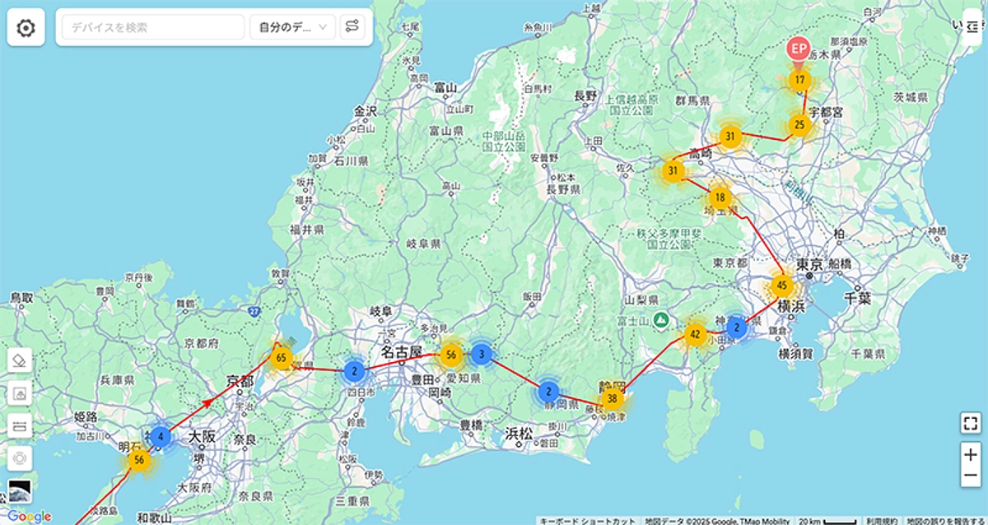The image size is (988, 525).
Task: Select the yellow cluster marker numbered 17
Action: (799, 81)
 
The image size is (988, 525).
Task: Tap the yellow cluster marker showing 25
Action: (799, 125)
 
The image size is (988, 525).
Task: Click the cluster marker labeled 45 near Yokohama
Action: (782, 286)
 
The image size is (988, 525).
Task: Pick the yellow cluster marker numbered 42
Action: (695, 334)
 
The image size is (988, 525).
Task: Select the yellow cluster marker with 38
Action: (612, 398)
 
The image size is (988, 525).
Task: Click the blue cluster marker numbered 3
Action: (481, 355)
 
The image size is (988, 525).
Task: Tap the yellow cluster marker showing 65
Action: (282, 357)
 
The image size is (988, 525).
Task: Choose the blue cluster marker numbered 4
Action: (161, 436)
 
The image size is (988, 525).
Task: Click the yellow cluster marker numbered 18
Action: (720, 197)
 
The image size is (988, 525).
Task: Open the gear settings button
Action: (26, 28)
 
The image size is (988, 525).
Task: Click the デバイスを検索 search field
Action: (151, 27)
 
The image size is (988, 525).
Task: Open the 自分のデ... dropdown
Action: (292, 27)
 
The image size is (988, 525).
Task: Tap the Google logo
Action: (29, 517)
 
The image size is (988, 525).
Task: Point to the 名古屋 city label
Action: (401, 352)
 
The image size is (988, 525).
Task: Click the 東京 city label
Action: (810, 265)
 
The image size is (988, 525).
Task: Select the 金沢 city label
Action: (365, 111)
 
